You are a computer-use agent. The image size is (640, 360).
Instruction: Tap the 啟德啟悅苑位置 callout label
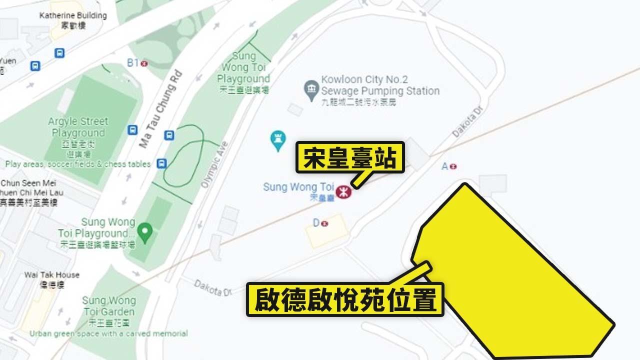pyautogui.click(x=345, y=299)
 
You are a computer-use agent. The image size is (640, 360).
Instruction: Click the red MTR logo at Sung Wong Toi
pyautogui.click(x=343, y=191)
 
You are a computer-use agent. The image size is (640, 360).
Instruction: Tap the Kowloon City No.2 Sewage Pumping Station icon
pyautogui.click(x=312, y=89)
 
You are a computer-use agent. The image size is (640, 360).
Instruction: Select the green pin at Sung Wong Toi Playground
pyautogui.click(x=145, y=231)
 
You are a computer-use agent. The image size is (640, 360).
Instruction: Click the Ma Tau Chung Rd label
pyautogui.click(x=161, y=110)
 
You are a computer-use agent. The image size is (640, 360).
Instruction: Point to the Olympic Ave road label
pyautogui.click(x=214, y=165)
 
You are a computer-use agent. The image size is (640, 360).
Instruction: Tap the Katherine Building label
pyautogui.click(x=73, y=16)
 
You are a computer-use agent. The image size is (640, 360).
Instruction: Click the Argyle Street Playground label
pyautogui.click(x=78, y=127)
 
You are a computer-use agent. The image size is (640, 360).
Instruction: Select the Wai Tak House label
pyautogui.click(x=52, y=275)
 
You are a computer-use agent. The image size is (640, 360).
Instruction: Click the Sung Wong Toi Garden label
pyautogui.click(x=108, y=306)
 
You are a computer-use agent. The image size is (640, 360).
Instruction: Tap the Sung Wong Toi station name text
pyautogui.click(x=298, y=187)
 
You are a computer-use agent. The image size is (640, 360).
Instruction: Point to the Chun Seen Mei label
pyautogui.click(x=29, y=183)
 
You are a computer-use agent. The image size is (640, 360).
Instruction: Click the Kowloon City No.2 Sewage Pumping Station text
pyautogui.click(x=380, y=85)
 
